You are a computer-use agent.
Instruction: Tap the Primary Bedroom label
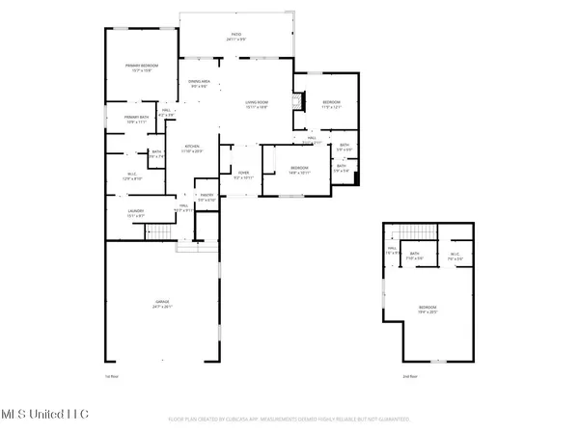click(x=141, y=67)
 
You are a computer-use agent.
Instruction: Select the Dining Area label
click(x=200, y=85)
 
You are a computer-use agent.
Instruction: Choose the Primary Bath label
click(x=135, y=121)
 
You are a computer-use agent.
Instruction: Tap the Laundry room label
click(x=135, y=213)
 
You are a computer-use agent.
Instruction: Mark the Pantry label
click(x=206, y=197)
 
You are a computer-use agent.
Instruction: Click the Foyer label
click(x=242, y=176)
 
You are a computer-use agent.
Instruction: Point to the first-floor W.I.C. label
click(x=131, y=176)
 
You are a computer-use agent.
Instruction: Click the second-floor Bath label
click(x=415, y=257)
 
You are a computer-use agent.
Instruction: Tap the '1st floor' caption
click(x=110, y=376)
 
